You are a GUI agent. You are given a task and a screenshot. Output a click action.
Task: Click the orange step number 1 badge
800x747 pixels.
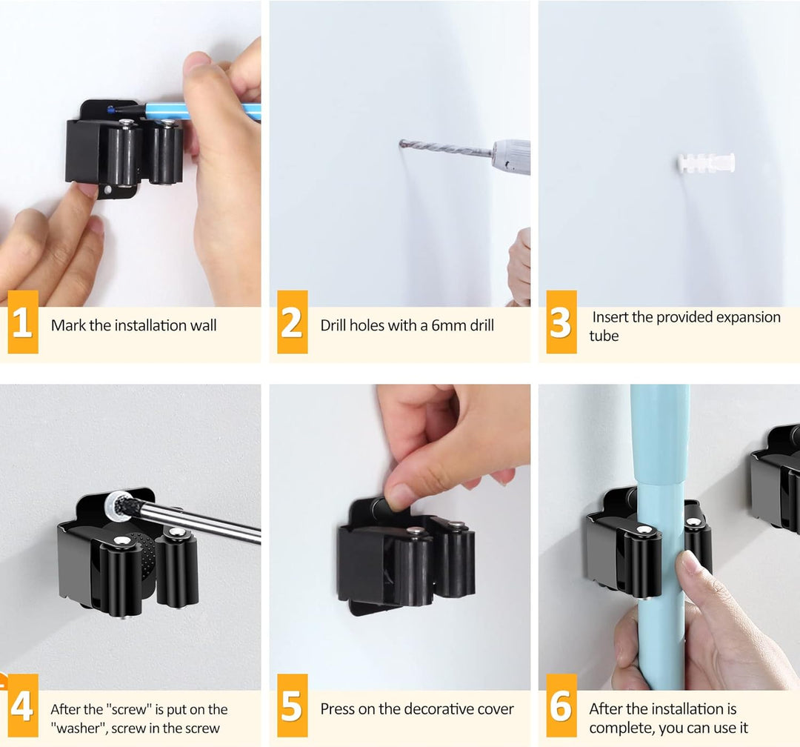pos(23,322)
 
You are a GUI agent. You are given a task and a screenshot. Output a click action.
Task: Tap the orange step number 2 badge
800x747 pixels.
pos(293,322)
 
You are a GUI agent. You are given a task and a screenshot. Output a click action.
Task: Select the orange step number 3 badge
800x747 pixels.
pos(561,322)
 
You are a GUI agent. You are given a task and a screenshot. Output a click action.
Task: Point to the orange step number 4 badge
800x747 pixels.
pos(23,705)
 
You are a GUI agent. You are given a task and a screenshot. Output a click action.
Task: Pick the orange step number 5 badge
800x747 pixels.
pos(293,705)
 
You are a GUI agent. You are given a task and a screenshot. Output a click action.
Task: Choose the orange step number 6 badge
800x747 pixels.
pos(561,705)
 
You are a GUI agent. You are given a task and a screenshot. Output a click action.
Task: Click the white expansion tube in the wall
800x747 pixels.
pos(706,162)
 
